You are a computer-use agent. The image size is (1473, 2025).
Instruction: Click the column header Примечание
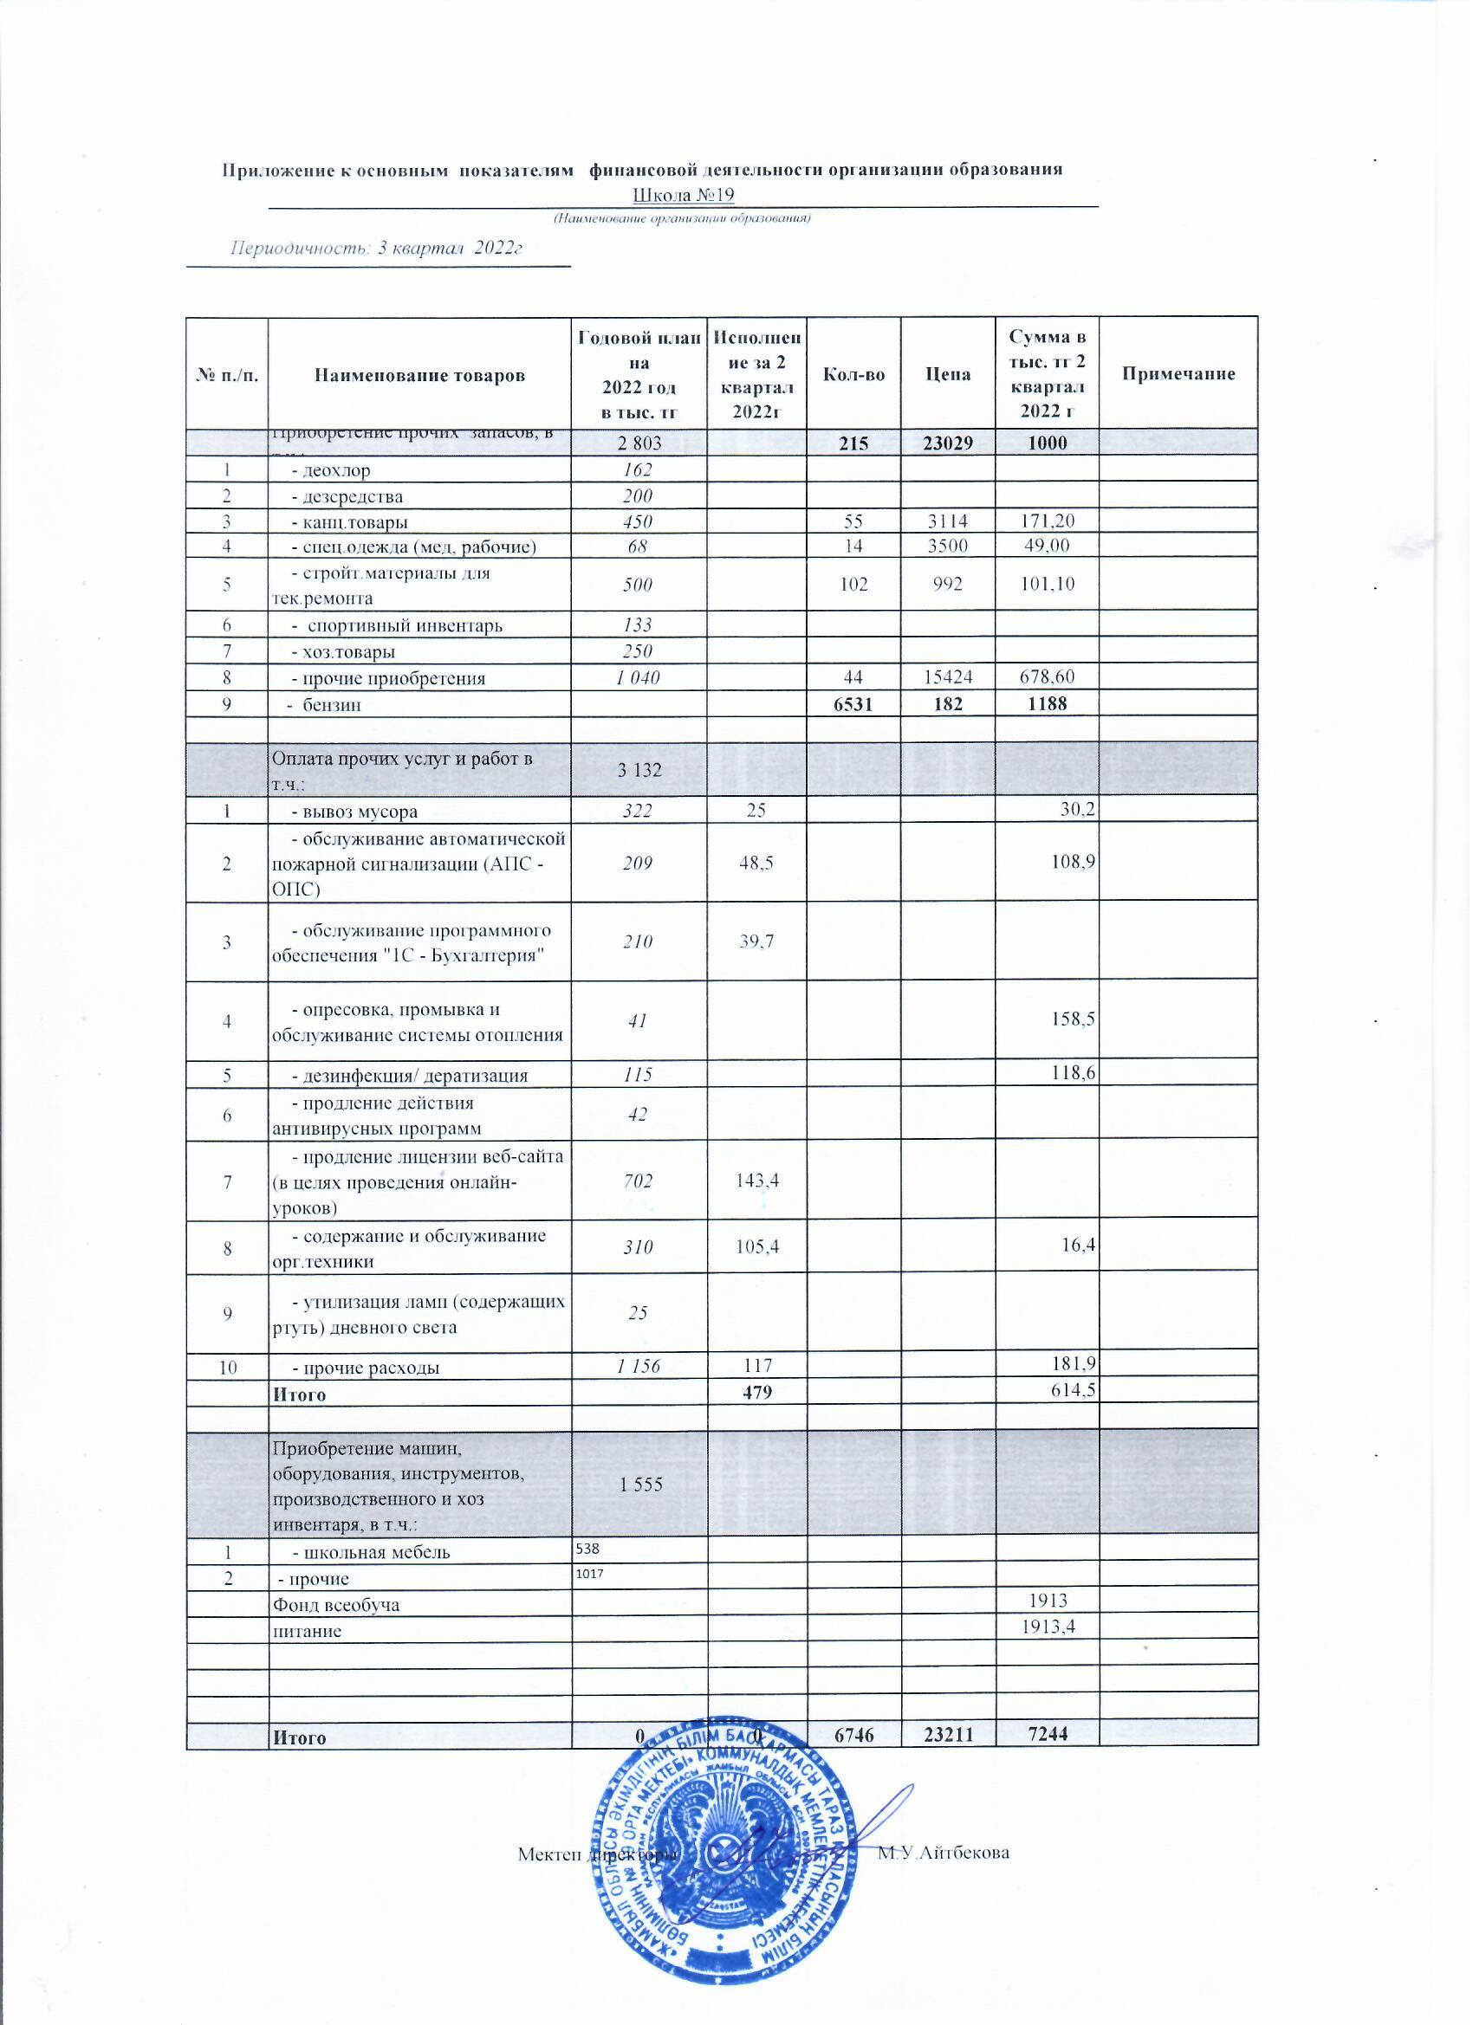click(1178, 374)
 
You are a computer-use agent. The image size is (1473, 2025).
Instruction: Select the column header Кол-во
click(853, 374)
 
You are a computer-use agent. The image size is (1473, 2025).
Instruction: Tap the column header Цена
click(948, 374)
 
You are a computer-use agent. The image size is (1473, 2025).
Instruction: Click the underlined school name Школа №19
click(684, 195)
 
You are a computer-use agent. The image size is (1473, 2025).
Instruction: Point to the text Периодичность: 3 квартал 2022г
click(376, 249)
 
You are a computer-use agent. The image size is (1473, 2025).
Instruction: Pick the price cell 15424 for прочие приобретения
click(948, 677)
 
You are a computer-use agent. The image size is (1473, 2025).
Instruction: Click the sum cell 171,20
click(1047, 522)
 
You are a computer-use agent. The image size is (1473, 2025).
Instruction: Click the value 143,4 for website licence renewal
click(756, 1181)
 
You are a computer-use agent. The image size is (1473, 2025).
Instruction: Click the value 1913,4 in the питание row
click(1047, 1629)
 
